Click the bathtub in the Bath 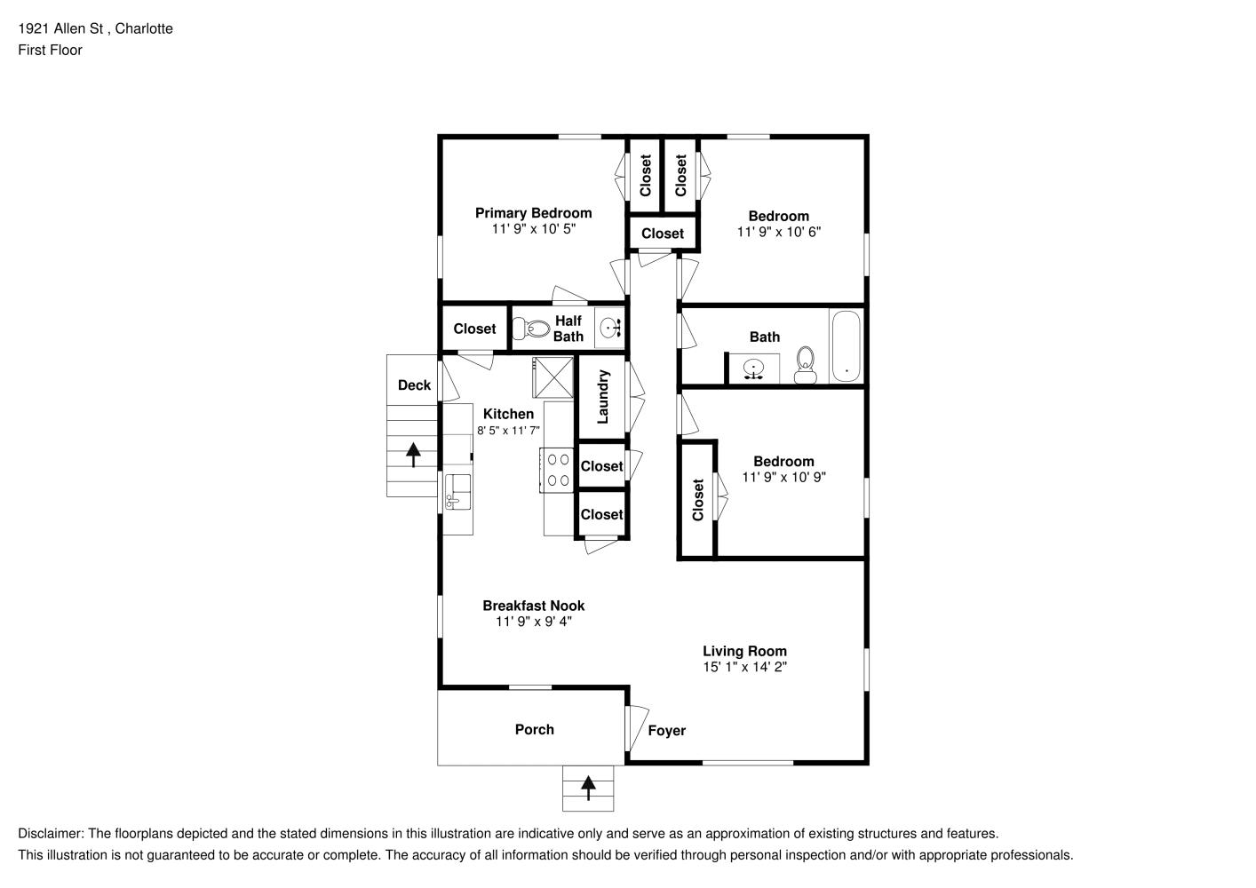click(x=847, y=346)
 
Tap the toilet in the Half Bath click(x=531, y=329)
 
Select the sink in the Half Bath click(x=610, y=327)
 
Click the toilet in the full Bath click(x=806, y=366)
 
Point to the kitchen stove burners click(x=558, y=470)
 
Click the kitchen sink click(x=457, y=492)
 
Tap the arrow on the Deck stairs click(x=413, y=455)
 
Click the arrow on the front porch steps click(x=588, y=788)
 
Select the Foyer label click(x=667, y=731)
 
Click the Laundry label click(x=603, y=396)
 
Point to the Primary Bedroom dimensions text click(x=534, y=229)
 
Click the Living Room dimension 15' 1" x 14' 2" click(x=744, y=667)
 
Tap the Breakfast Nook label click(x=533, y=606)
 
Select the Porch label click(x=535, y=729)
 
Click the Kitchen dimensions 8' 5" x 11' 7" click(x=508, y=431)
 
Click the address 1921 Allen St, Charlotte click(x=95, y=28)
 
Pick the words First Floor click(x=50, y=50)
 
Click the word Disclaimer click(x=51, y=834)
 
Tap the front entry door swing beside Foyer click(x=637, y=727)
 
